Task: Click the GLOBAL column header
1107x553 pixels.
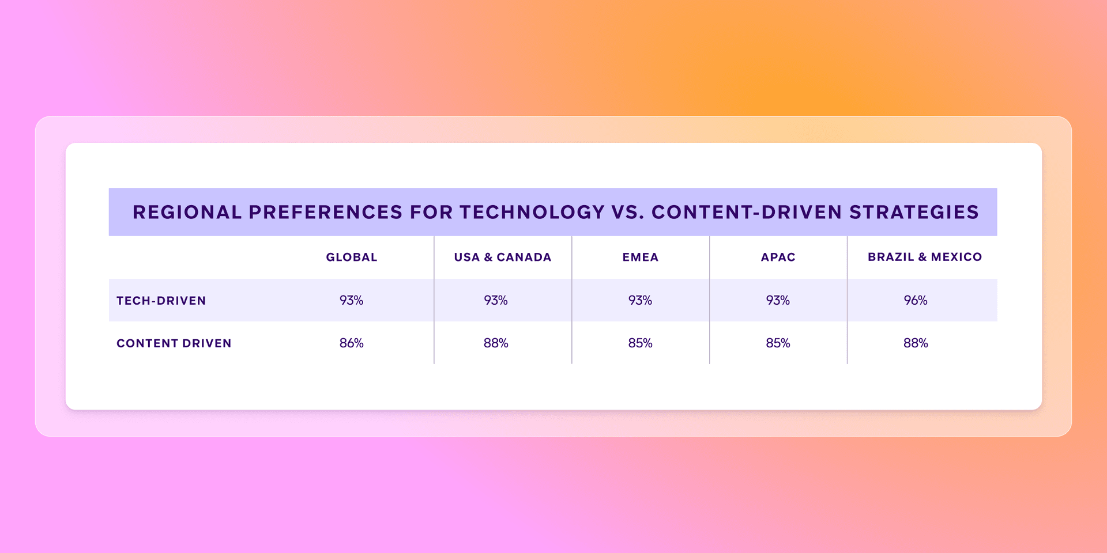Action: click(352, 257)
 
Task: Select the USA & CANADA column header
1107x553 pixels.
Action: click(502, 257)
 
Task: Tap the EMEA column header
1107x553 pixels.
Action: click(640, 257)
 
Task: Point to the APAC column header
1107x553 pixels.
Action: click(778, 257)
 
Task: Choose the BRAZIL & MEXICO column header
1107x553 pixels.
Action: click(924, 257)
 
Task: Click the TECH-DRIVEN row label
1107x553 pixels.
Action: click(161, 301)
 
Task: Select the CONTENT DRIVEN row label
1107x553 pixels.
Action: click(174, 343)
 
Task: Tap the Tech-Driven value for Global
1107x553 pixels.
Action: click(351, 300)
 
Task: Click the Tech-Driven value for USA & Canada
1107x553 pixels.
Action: click(495, 300)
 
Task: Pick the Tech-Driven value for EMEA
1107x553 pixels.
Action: click(640, 300)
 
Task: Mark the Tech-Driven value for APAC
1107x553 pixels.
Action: click(778, 300)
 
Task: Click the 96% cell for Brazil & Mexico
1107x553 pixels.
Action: click(915, 300)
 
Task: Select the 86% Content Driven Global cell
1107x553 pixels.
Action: click(351, 343)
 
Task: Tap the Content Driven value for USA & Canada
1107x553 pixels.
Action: click(495, 343)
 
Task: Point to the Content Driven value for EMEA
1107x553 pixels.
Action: click(640, 343)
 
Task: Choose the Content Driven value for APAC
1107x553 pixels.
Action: click(778, 343)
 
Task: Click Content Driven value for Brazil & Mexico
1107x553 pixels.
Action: click(915, 343)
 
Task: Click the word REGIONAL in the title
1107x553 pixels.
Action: click(187, 212)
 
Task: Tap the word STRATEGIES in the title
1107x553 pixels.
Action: click(914, 212)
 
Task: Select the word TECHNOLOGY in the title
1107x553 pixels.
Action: click(532, 212)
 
